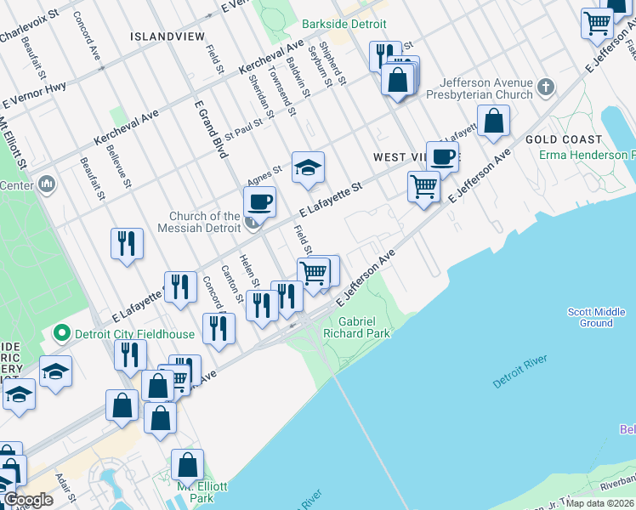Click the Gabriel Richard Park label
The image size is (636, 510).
click(x=364, y=327)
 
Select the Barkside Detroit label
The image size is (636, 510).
click(x=344, y=25)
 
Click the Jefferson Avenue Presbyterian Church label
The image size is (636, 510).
click(x=486, y=89)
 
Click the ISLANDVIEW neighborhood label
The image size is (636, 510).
click(x=168, y=37)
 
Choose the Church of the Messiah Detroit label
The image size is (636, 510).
click(x=204, y=223)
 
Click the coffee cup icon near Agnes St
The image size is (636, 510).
click(x=259, y=202)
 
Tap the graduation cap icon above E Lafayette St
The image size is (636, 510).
click(x=308, y=167)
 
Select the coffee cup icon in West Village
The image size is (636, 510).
click(x=442, y=156)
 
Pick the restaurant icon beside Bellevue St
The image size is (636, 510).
click(x=127, y=243)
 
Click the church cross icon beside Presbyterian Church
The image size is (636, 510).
click(x=545, y=87)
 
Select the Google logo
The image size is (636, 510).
click(x=29, y=500)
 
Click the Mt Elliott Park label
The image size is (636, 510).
click(x=202, y=492)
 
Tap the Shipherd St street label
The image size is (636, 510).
click(x=337, y=65)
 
